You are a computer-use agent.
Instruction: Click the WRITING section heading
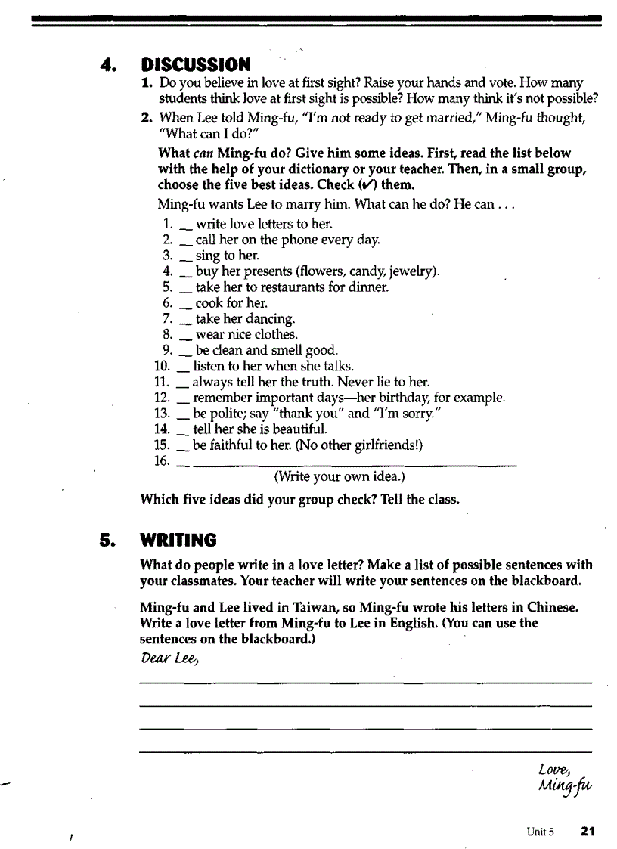point(178,540)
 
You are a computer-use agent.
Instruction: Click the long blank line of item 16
point(355,463)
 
